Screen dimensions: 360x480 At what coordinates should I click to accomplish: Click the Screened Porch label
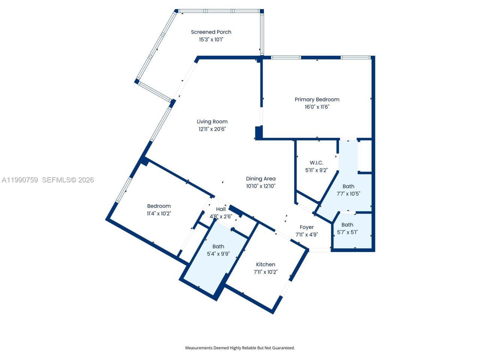[x=211, y=32]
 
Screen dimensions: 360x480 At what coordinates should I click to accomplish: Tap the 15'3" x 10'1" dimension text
[x=211, y=39]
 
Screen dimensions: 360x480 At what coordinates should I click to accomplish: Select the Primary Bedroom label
[x=317, y=99]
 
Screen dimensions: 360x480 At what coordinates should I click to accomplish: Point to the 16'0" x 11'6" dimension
[x=317, y=107]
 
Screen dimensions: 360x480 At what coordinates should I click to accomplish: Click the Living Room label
[x=212, y=121]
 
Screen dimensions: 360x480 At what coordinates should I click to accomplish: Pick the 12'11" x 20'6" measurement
[x=212, y=129]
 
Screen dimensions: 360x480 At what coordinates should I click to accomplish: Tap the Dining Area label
[x=261, y=179]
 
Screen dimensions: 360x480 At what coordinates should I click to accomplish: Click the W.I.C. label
[x=316, y=163]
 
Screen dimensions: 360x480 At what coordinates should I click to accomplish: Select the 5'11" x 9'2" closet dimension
[x=316, y=170]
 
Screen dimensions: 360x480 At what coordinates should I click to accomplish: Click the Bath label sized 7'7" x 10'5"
[x=348, y=186]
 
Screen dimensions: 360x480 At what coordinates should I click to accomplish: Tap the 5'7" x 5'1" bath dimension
[x=347, y=232]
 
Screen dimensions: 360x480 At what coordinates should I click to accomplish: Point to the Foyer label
[x=307, y=227]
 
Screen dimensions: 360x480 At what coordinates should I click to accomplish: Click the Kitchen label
[x=265, y=265]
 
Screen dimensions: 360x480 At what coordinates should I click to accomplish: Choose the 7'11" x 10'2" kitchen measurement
[x=265, y=272]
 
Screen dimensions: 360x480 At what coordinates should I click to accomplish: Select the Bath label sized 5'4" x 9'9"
[x=218, y=246]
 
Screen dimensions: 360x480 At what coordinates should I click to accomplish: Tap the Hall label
[x=221, y=209]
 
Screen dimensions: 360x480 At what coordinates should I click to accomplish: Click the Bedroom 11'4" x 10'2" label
[x=159, y=206]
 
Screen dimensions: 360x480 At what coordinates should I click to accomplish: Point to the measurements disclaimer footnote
[x=240, y=348]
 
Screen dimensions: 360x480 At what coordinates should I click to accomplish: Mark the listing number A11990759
[x=20, y=180]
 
